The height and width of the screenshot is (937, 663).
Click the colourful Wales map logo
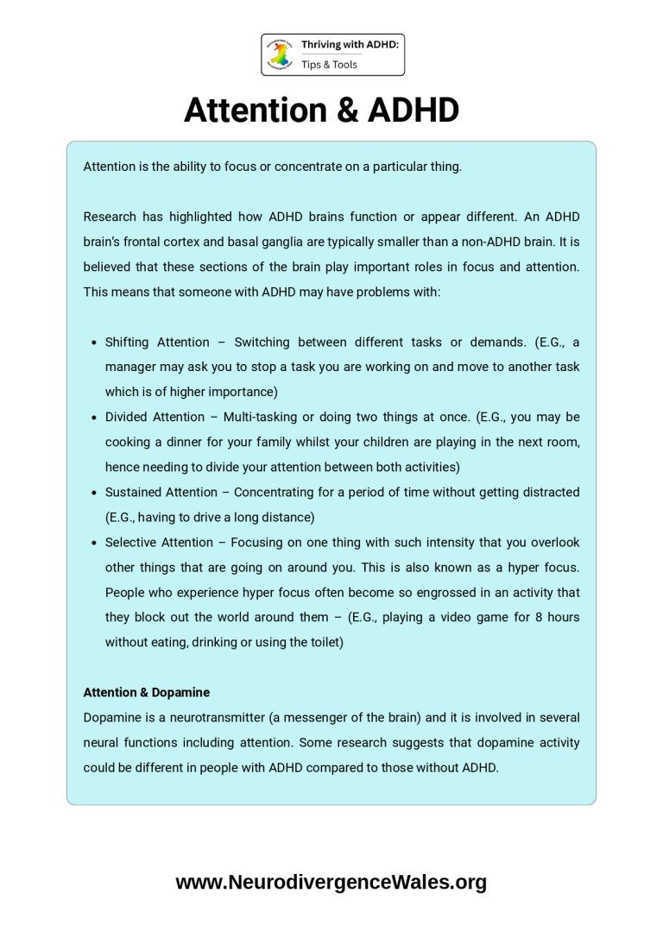point(281,54)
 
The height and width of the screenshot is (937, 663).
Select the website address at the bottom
point(331,882)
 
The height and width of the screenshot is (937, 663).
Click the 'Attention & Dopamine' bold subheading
point(146,692)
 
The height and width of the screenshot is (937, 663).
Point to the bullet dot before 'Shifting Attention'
point(93,343)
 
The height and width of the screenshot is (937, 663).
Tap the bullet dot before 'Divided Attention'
point(93,418)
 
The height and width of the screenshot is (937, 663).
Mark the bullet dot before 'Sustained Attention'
point(93,493)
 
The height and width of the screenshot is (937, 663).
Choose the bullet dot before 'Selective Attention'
point(93,543)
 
